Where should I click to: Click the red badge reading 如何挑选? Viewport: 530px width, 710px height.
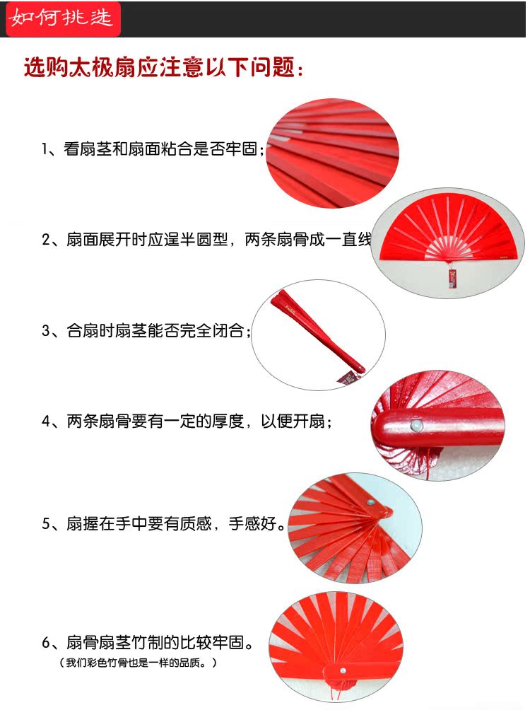64,19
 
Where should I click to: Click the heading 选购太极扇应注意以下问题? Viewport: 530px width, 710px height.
163,68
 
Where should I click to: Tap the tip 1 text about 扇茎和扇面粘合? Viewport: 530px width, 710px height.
153,149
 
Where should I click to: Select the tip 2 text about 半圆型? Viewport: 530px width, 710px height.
206,240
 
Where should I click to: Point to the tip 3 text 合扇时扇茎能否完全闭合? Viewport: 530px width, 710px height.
146,330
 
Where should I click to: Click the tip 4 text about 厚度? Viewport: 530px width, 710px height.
187,421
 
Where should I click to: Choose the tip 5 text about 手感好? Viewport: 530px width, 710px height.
164,524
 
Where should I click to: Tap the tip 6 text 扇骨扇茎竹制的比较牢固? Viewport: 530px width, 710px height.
148,643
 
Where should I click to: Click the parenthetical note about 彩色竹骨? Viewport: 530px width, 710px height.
138,663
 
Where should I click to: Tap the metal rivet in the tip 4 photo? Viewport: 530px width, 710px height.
416,426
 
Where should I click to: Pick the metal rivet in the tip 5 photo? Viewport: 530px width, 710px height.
371,502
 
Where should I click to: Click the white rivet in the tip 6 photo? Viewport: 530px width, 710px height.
343,670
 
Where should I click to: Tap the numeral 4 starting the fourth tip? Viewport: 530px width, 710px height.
46,421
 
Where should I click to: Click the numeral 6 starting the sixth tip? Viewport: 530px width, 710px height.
46,643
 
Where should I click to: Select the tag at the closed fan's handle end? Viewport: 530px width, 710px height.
348,378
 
